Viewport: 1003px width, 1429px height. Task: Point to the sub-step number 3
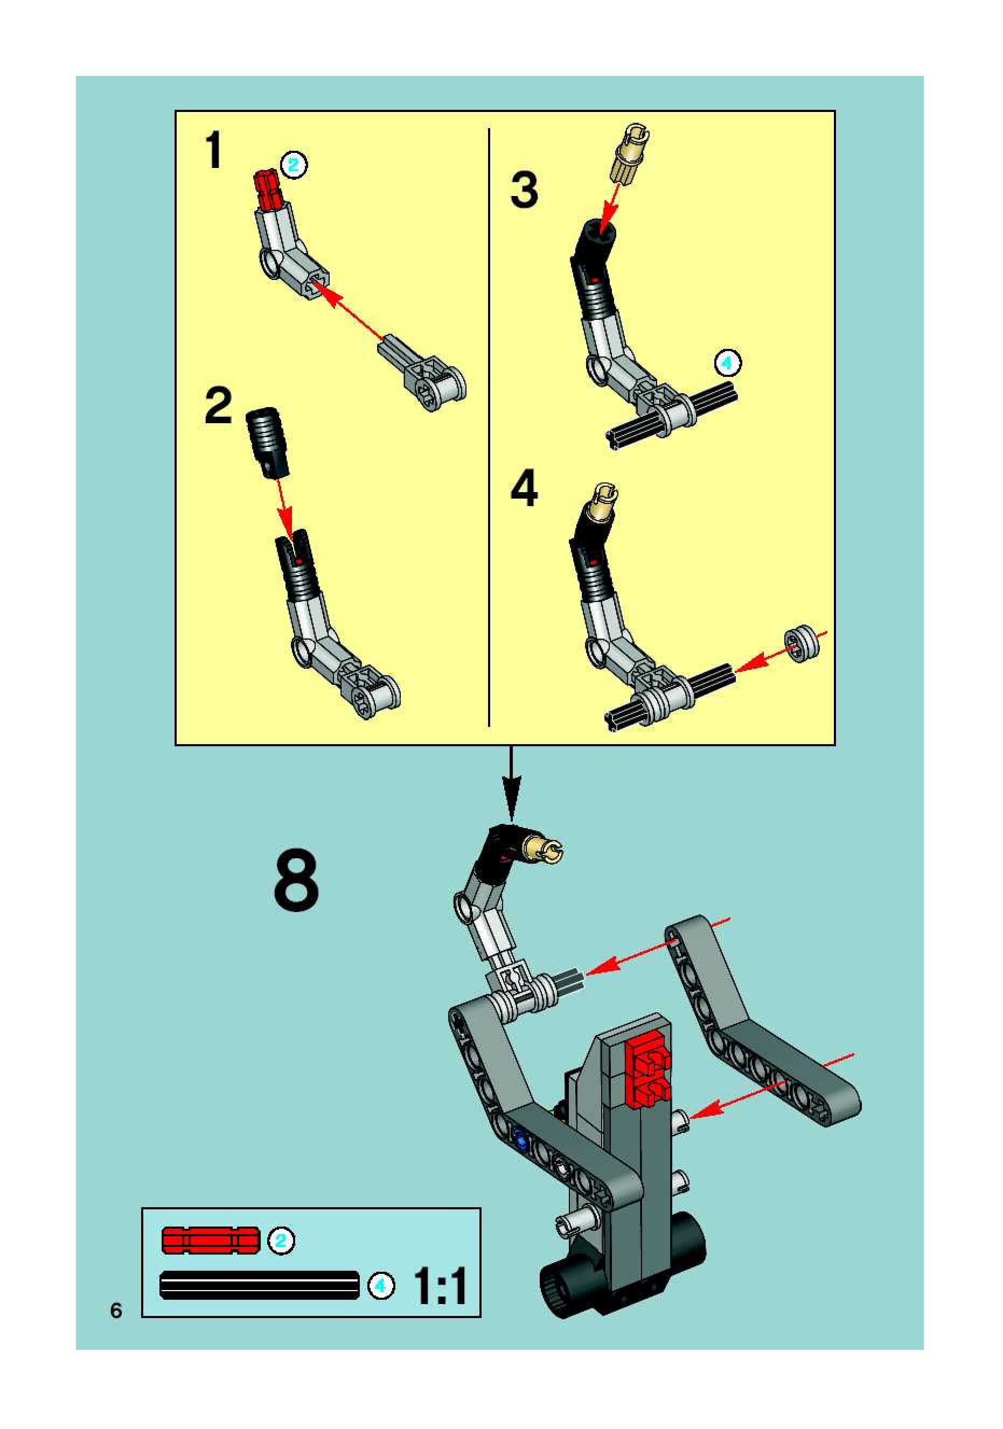pyautogui.click(x=524, y=191)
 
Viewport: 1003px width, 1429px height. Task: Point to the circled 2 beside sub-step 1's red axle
pyautogui.click(x=293, y=165)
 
